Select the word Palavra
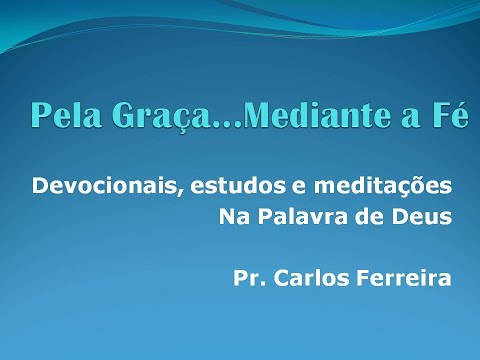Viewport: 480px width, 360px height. [303, 216]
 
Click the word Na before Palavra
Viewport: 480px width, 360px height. [232, 216]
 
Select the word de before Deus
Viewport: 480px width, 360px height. [373, 216]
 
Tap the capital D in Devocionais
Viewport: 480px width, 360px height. [40, 186]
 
